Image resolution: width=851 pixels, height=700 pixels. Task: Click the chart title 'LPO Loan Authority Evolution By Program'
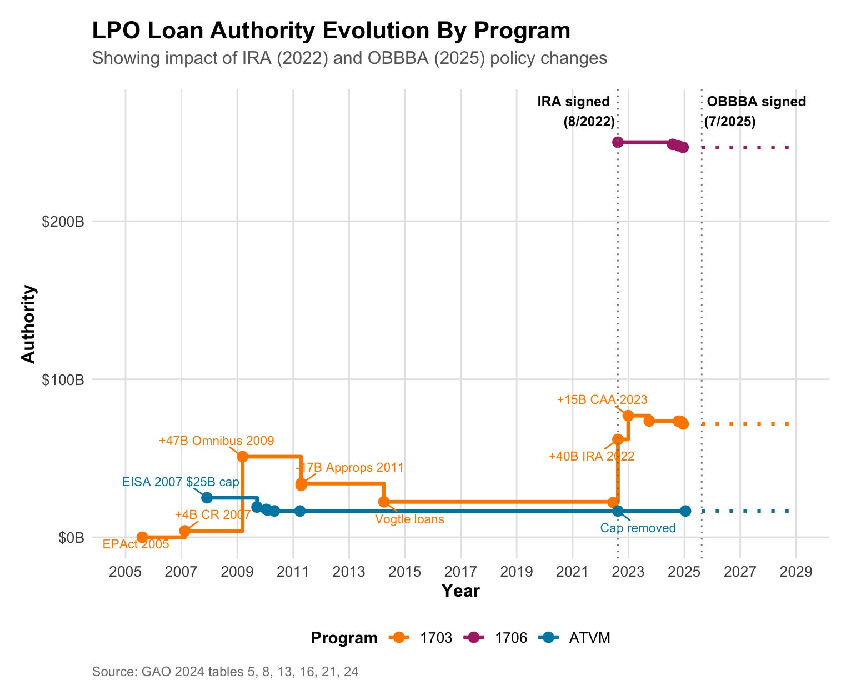tap(331, 31)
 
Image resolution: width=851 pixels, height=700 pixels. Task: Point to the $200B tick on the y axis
tap(63, 222)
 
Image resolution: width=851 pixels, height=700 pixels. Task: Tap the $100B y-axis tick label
tap(63, 380)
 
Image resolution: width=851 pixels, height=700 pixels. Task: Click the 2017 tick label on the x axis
tap(461, 572)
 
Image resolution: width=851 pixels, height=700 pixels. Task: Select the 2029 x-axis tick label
tap(796, 572)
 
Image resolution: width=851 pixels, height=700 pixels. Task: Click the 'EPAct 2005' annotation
tap(136, 544)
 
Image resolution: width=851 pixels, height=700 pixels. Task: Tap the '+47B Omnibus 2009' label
tap(216, 441)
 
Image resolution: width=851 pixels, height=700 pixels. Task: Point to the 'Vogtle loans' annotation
tap(409, 519)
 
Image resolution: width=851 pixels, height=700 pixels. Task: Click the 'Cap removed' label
tap(638, 528)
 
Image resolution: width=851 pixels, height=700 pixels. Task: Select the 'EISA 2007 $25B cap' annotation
tap(181, 482)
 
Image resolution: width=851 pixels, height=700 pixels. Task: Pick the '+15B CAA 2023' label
tap(602, 400)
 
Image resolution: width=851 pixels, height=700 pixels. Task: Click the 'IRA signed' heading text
tap(573, 102)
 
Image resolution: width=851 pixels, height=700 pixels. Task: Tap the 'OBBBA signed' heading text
tap(756, 102)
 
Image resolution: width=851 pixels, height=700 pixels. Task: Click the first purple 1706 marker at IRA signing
tap(618, 142)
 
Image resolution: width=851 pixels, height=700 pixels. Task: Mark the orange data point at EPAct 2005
tap(142, 537)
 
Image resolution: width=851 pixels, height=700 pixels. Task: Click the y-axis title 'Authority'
tap(28, 324)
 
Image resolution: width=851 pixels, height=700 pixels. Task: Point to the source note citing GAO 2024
tap(225, 672)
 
